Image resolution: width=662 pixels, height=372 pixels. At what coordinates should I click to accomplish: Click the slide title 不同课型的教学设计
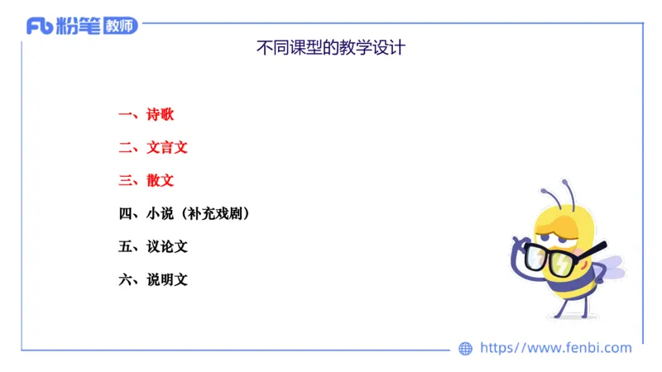point(331,48)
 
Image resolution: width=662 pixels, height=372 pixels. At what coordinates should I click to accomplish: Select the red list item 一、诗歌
point(146,115)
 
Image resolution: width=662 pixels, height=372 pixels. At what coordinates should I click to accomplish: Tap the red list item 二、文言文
point(153,148)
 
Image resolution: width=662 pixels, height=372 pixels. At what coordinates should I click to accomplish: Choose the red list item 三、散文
point(146,180)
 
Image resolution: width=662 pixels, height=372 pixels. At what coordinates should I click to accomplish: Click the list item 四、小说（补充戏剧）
point(185,213)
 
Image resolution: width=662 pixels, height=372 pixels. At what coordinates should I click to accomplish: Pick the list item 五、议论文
point(153,246)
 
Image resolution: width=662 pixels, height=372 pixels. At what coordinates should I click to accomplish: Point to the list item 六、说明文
point(153,279)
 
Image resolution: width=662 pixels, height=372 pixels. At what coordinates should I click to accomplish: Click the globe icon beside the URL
point(465,349)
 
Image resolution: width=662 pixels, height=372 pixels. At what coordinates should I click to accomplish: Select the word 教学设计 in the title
point(376,48)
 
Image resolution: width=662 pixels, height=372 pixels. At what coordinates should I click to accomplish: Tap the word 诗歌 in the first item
point(161,115)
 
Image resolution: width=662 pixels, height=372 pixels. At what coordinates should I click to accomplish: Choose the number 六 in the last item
point(126,279)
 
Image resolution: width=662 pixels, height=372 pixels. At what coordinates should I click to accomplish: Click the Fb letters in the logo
point(40,26)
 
